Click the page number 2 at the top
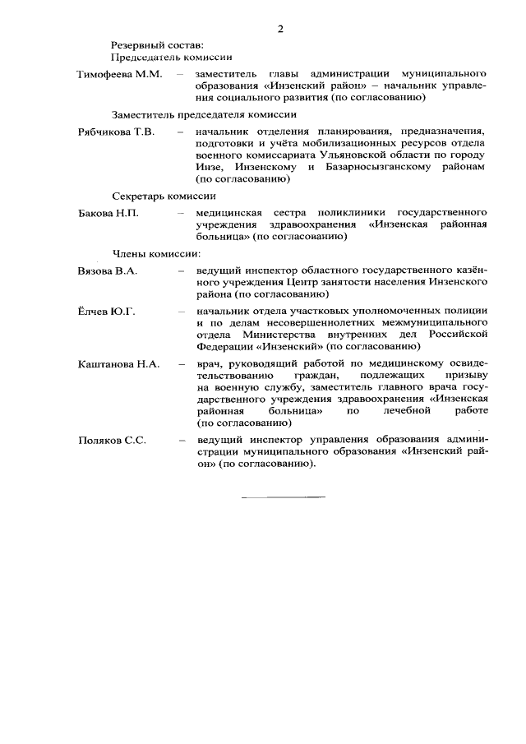(x=279, y=30)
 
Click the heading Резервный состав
(x=151, y=44)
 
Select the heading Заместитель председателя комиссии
(x=204, y=114)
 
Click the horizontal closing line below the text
(x=283, y=497)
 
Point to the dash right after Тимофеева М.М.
(x=178, y=75)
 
